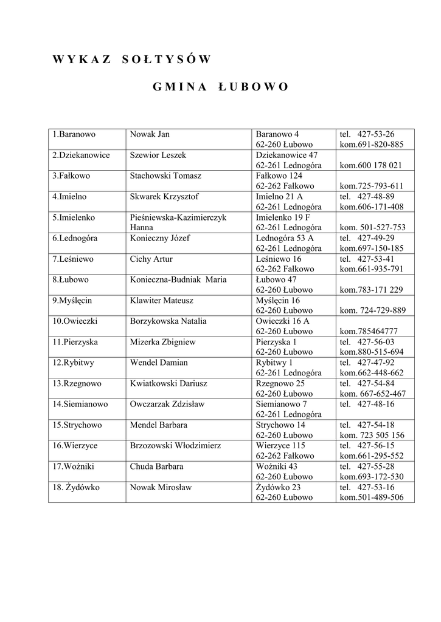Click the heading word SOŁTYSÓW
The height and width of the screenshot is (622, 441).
point(166,60)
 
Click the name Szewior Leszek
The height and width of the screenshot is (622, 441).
point(158,155)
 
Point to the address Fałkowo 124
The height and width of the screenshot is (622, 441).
point(279,176)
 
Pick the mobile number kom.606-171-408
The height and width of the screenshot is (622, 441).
point(372,207)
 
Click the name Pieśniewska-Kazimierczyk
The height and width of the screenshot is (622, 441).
point(178,217)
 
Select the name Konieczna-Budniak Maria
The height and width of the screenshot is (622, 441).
point(178,279)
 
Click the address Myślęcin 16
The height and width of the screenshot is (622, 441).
point(278,300)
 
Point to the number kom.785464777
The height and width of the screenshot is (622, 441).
point(369,331)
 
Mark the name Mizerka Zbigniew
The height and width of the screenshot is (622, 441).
point(163,342)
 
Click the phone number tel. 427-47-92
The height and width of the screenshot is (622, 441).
point(367,363)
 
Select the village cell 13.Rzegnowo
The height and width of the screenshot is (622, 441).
point(77,383)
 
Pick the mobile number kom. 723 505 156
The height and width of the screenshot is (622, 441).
point(372,435)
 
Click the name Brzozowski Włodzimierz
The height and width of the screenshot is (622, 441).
point(175,445)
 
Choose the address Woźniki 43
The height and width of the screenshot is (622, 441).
point(277,466)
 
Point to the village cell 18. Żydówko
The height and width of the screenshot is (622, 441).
point(76,487)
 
